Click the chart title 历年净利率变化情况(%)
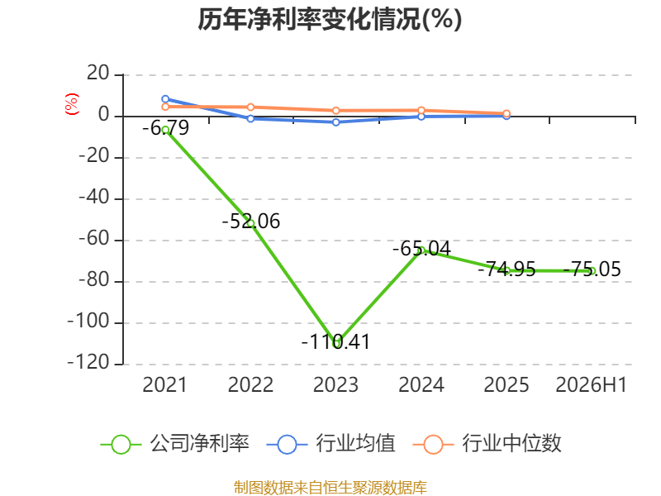point(330,19)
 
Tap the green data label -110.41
point(336,341)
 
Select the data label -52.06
point(251,222)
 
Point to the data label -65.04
point(421,249)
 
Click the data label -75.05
point(592,269)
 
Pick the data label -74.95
point(506,269)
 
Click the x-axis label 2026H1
point(592,384)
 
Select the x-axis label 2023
point(335,384)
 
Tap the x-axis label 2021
point(164,384)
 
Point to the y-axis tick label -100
point(88,322)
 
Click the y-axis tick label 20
point(98,74)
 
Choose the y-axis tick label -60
point(94,239)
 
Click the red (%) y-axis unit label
point(72,104)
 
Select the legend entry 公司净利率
point(175,444)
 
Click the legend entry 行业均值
point(331,444)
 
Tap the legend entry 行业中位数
point(487,444)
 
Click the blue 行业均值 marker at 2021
point(165,99)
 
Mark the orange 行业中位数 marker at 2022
point(250,107)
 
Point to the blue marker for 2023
point(336,122)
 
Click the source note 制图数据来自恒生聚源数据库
point(330,488)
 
